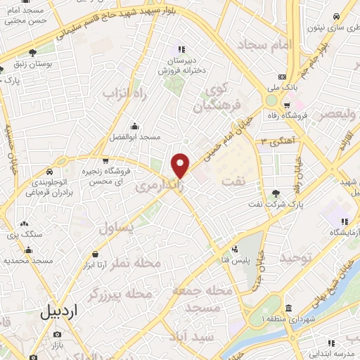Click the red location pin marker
click(x=181, y=165)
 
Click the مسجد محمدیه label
click(x=29, y=260)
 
